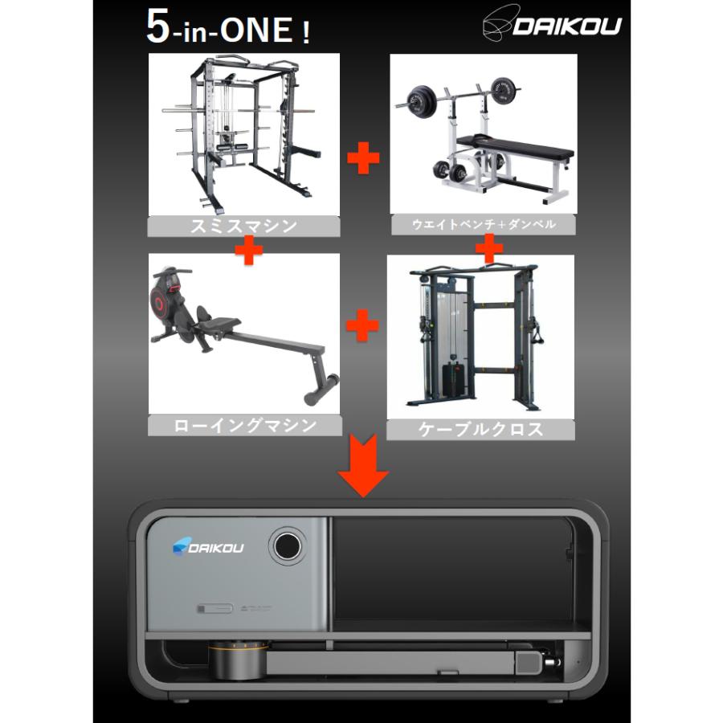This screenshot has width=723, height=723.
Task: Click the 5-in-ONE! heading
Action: (x=228, y=28)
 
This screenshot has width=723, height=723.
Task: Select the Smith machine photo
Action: (x=243, y=133)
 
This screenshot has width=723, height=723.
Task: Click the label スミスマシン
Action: (x=243, y=226)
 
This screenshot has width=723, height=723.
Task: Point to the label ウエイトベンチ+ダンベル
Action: (x=484, y=225)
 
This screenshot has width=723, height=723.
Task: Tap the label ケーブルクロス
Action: (x=480, y=429)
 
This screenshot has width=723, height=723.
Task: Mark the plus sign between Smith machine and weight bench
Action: (x=363, y=157)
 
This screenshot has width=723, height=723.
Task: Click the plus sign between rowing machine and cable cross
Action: (x=362, y=327)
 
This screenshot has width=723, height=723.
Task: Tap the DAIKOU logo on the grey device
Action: (x=208, y=547)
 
